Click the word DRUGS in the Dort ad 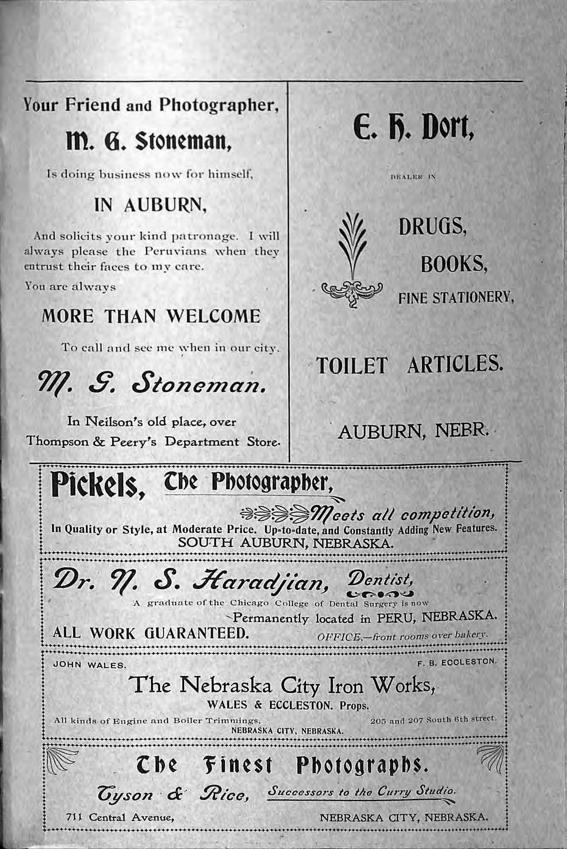click(432, 227)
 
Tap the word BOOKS click(453, 264)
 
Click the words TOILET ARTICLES click(409, 365)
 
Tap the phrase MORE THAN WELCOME click(151, 316)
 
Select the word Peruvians click(175, 251)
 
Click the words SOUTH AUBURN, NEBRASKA click(285, 543)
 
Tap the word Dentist click(380, 578)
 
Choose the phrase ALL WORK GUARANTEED click(150, 633)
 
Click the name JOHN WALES click(89, 665)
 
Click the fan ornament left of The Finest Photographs click(62, 760)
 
